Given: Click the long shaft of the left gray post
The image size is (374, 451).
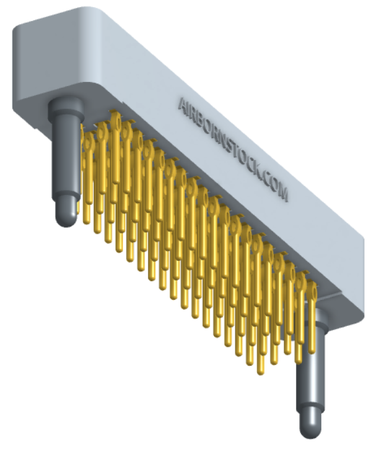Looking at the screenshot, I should click(64, 156).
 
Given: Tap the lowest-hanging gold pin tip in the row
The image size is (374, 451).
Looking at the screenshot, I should click(261, 372).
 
